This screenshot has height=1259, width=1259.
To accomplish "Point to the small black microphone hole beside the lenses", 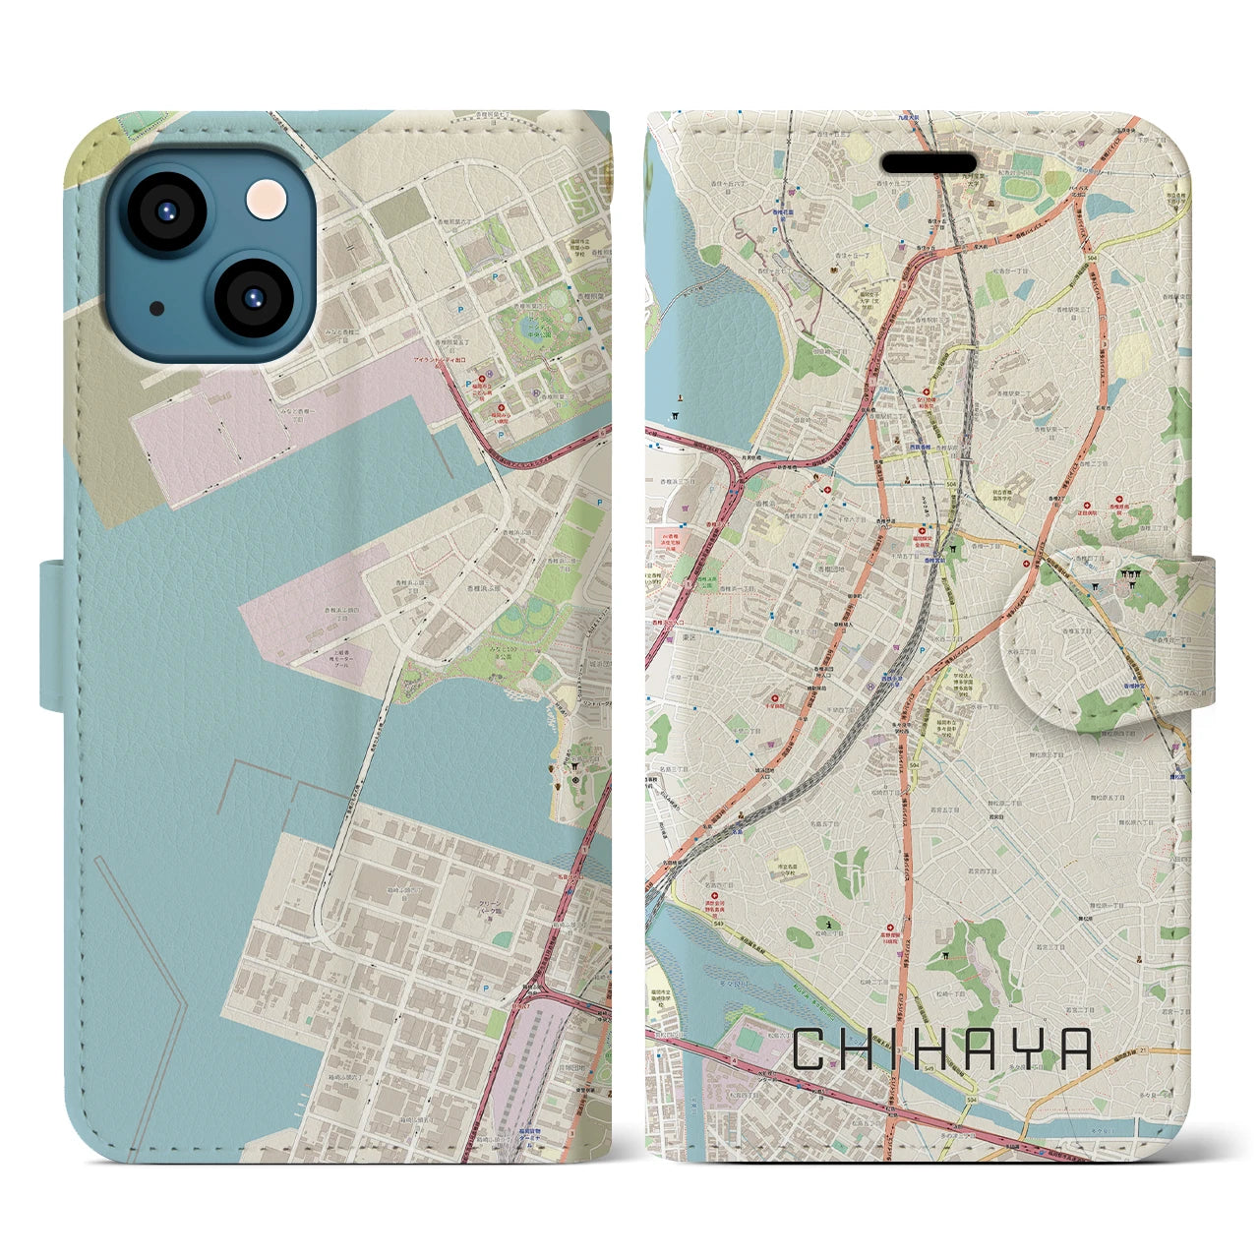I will pos(157,308).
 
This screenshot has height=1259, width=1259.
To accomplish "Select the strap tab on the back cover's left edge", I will pos(54,634).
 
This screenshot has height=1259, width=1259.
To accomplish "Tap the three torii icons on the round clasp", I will pos(1127,579).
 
